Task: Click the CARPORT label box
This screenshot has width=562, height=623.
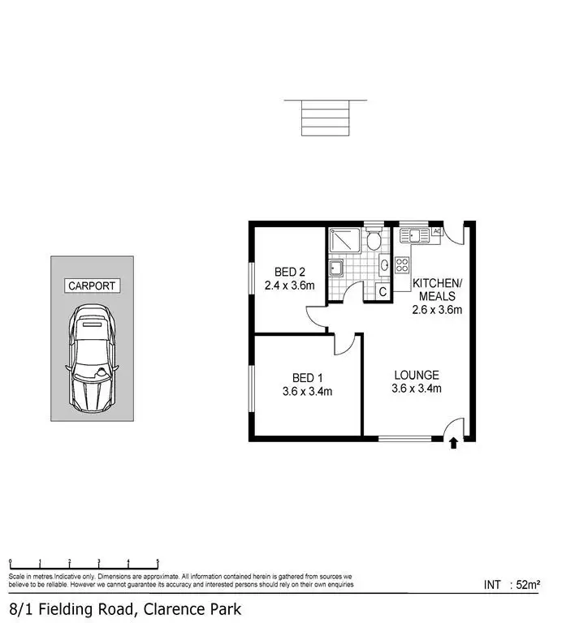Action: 93,286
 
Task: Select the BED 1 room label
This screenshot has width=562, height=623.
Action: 306,377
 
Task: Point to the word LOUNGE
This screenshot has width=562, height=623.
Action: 417,375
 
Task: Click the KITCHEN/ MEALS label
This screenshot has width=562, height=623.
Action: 437,288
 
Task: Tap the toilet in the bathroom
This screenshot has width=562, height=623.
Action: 374,240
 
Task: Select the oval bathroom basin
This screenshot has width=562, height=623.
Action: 385,264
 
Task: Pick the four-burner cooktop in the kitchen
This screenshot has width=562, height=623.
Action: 401,264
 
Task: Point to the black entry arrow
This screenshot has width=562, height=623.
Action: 453,442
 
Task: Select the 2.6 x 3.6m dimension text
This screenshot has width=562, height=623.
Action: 437,309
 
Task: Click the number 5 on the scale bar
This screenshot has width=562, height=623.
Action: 157,561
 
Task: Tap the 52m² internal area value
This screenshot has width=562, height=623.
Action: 529,583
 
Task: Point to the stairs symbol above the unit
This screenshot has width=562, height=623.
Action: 325,117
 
